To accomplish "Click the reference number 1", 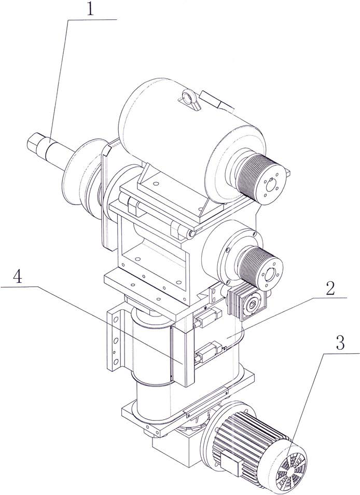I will (89, 10).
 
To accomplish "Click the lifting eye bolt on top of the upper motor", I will (188, 97).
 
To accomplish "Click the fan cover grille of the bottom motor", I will (289, 465).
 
